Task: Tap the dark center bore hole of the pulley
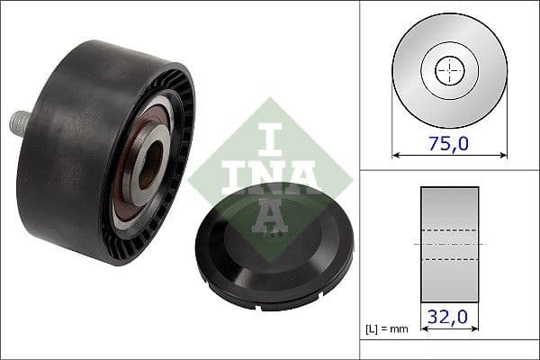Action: click(151, 160)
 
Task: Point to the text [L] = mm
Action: click(388, 329)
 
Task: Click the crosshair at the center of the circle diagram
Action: click(450, 70)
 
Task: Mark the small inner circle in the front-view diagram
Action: click(450, 70)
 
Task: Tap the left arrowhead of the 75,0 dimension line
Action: click(397, 155)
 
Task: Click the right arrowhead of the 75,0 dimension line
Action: click(503, 155)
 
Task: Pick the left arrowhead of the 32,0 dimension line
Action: click(425, 330)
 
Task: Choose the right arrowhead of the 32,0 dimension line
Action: click(475, 330)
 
